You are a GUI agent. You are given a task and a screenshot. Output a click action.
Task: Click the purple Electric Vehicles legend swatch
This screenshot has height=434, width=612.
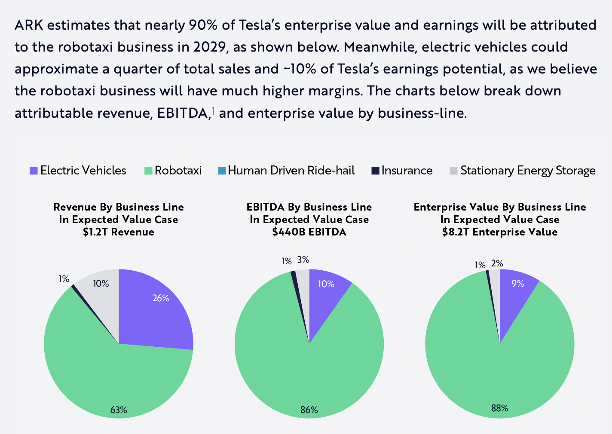(x=34, y=171)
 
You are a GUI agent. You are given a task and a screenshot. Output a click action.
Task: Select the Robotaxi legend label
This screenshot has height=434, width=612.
(x=178, y=171)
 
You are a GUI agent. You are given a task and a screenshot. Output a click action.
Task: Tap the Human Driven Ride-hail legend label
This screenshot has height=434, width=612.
(x=291, y=171)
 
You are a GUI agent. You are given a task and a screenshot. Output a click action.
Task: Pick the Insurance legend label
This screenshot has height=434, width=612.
(x=407, y=171)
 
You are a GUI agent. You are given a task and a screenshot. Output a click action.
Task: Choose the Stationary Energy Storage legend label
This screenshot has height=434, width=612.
(x=528, y=171)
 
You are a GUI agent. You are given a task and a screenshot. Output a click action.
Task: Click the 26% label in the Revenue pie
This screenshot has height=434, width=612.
(x=161, y=298)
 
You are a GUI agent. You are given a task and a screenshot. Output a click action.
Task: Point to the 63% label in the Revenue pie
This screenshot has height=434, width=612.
(x=119, y=410)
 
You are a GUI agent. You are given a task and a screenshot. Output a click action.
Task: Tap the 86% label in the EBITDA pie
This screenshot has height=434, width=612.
(x=309, y=410)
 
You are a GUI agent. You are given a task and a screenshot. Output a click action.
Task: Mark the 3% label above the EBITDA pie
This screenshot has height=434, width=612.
(x=303, y=260)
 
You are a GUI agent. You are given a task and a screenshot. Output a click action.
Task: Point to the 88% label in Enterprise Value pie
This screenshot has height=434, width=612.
(x=499, y=408)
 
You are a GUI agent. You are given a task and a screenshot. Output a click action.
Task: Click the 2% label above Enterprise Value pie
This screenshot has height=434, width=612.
(x=497, y=263)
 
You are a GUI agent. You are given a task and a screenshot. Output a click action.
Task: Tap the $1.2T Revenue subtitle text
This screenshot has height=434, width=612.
(x=119, y=232)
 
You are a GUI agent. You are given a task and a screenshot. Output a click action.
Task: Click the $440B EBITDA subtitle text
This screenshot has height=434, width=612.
(x=309, y=232)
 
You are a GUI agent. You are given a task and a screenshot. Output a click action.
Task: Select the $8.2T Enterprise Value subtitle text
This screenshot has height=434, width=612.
(x=499, y=232)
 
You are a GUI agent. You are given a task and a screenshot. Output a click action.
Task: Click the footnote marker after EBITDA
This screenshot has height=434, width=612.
(x=213, y=112)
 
